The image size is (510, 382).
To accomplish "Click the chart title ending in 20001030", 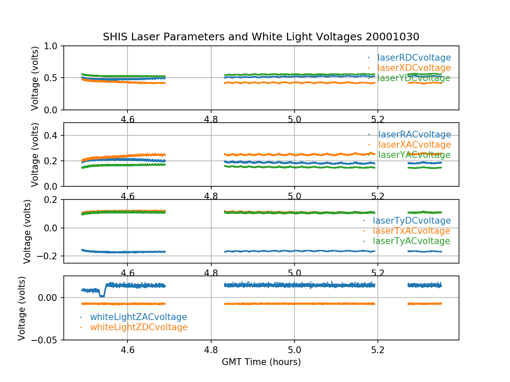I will pos(261,37).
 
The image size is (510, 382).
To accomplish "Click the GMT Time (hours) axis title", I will pos(261,362).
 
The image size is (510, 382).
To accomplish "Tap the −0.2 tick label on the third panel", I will pos(47,256).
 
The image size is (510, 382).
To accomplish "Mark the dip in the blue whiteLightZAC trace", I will pos(102,295).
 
